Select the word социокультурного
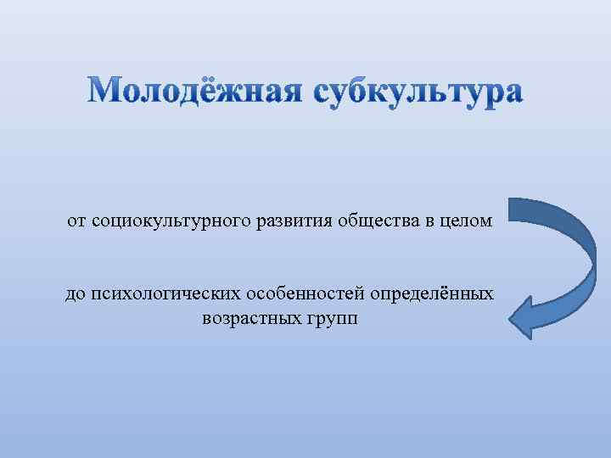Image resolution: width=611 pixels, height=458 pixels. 170,221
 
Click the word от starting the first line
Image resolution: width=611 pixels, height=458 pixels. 76,221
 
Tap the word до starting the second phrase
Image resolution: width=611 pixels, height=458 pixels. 75,294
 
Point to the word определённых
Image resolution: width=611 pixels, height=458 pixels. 432,294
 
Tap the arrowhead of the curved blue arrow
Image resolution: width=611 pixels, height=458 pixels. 519,317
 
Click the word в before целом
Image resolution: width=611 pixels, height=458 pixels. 431,222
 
